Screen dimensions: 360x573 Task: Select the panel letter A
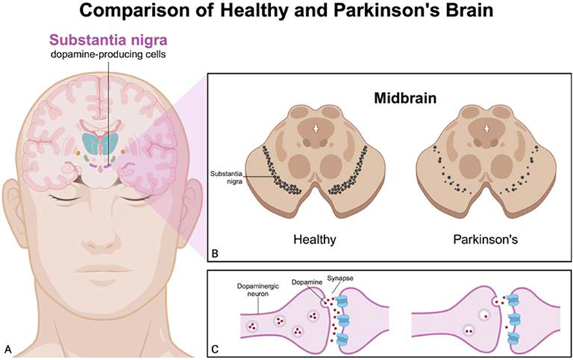[x=8, y=348]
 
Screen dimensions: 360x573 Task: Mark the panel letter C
[x=216, y=348]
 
